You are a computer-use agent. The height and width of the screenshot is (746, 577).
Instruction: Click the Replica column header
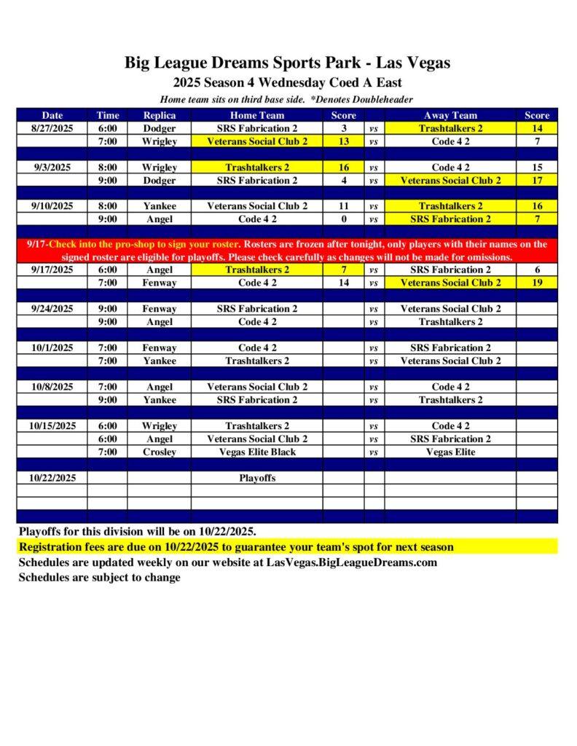tap(159, 115)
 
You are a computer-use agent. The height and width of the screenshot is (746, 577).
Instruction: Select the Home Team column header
tap(257, 115)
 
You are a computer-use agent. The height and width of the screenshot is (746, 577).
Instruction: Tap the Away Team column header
tap(450, 115)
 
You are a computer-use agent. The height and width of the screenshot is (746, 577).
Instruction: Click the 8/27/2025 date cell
tap(52, 128)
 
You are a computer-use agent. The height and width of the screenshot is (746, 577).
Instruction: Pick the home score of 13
tap(344, 141)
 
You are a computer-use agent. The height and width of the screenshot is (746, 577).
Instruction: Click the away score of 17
tap(537, 181)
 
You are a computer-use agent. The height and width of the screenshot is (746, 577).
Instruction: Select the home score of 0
tap(344, 219)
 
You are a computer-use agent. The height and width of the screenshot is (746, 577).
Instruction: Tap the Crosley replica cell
tap(159, 452)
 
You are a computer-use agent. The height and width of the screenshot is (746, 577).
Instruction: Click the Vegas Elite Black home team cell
tap(257, 452)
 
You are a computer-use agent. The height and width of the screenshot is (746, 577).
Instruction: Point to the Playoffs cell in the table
tap(257, 479)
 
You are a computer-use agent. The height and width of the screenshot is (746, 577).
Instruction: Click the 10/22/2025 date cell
tap(52, 479)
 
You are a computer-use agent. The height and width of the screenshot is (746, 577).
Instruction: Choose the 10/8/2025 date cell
tap(52, 387)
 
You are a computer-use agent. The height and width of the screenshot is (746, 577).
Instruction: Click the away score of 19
tap(537, 283)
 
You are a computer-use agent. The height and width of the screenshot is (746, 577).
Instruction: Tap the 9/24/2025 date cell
tap(52, 309)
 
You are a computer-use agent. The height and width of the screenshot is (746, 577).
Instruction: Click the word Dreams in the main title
tap(246, 63)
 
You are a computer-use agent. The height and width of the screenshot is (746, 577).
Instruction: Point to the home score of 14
tap(344, 283)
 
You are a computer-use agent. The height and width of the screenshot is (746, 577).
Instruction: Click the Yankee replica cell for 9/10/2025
tap(159, 206)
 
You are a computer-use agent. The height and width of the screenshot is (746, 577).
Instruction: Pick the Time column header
tap(108, 115)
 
